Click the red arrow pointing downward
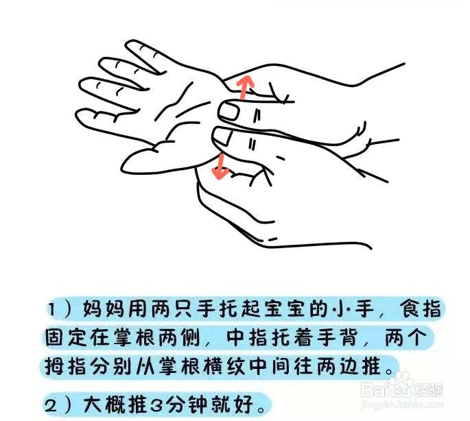(220, 166)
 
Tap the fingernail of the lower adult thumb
(223, 136)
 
